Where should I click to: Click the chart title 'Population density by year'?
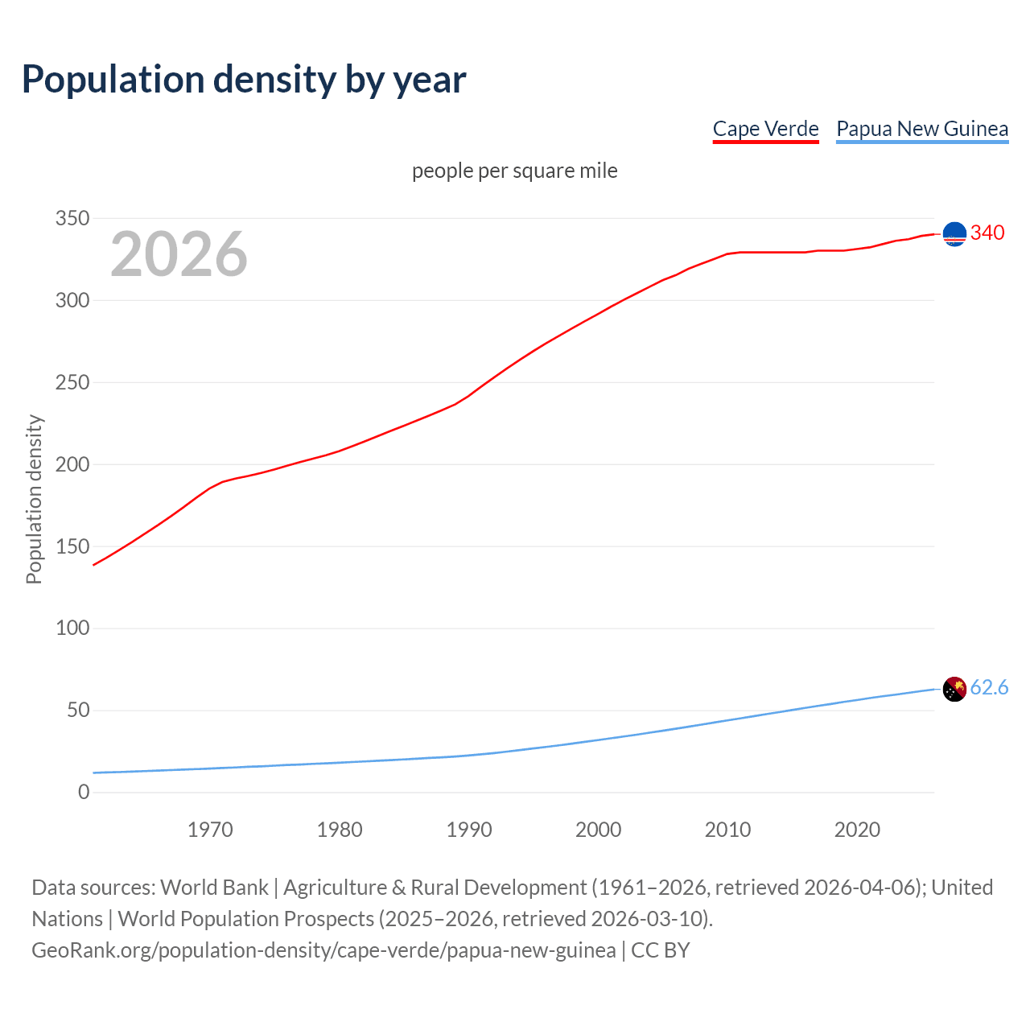coord(244,80)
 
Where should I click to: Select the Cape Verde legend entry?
coord(765,129)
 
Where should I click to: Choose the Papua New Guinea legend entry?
coord(922,129)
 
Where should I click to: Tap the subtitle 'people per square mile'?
coord(514,171)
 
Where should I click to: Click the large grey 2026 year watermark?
coord(179,254)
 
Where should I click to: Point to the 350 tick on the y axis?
coord(72,219)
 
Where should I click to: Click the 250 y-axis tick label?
coord(72,383)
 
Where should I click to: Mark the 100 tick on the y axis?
coord(72,628)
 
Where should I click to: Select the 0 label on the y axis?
coord(84,793)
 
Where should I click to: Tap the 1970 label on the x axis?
coord(210,830)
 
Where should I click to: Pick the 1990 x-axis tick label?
coord(469,830)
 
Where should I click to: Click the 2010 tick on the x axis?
coord(727,830)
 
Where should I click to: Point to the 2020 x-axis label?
coord(857,830)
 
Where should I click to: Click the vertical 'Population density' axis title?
coord(34,499)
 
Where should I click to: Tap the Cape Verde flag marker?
coord(954,234)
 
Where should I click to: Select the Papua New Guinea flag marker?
coord(954,689)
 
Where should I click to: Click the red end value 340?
coord(987,233)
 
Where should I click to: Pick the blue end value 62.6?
coord(989,688)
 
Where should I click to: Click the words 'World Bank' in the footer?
coord(214,888)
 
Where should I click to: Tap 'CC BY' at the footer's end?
coord(661,950)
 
